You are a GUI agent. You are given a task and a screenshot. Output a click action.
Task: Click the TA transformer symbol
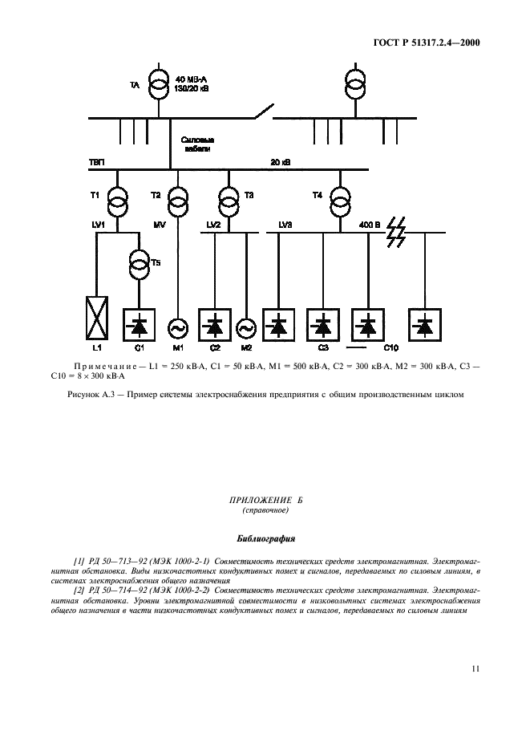160,85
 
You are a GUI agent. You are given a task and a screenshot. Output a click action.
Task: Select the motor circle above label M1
176,327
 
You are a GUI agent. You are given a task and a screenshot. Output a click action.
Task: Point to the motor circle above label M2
245,327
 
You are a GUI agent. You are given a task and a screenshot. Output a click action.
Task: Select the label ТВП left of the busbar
96,162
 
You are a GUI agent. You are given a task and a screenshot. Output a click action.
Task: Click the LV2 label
213,225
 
